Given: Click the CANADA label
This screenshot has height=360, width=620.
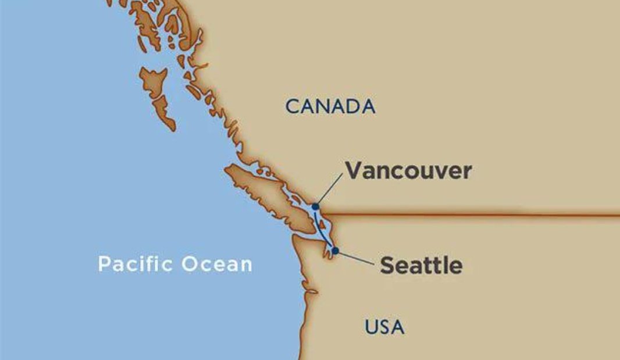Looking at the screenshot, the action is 330,106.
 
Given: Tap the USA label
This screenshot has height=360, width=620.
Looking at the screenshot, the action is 384,327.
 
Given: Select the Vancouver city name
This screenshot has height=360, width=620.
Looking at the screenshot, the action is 408,171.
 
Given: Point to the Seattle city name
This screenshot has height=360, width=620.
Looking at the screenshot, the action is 421,266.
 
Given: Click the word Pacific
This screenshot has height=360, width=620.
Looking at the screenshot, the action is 136,263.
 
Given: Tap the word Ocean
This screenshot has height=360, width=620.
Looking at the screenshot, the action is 216,264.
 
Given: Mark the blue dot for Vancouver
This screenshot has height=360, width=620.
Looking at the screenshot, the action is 315,206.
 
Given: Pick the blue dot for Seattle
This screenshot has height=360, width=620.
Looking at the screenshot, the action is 335,251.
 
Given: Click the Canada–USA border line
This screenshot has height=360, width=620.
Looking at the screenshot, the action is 465,216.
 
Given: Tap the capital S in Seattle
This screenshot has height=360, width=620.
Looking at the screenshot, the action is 388,266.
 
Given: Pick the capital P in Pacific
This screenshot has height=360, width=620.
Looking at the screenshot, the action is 105,263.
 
